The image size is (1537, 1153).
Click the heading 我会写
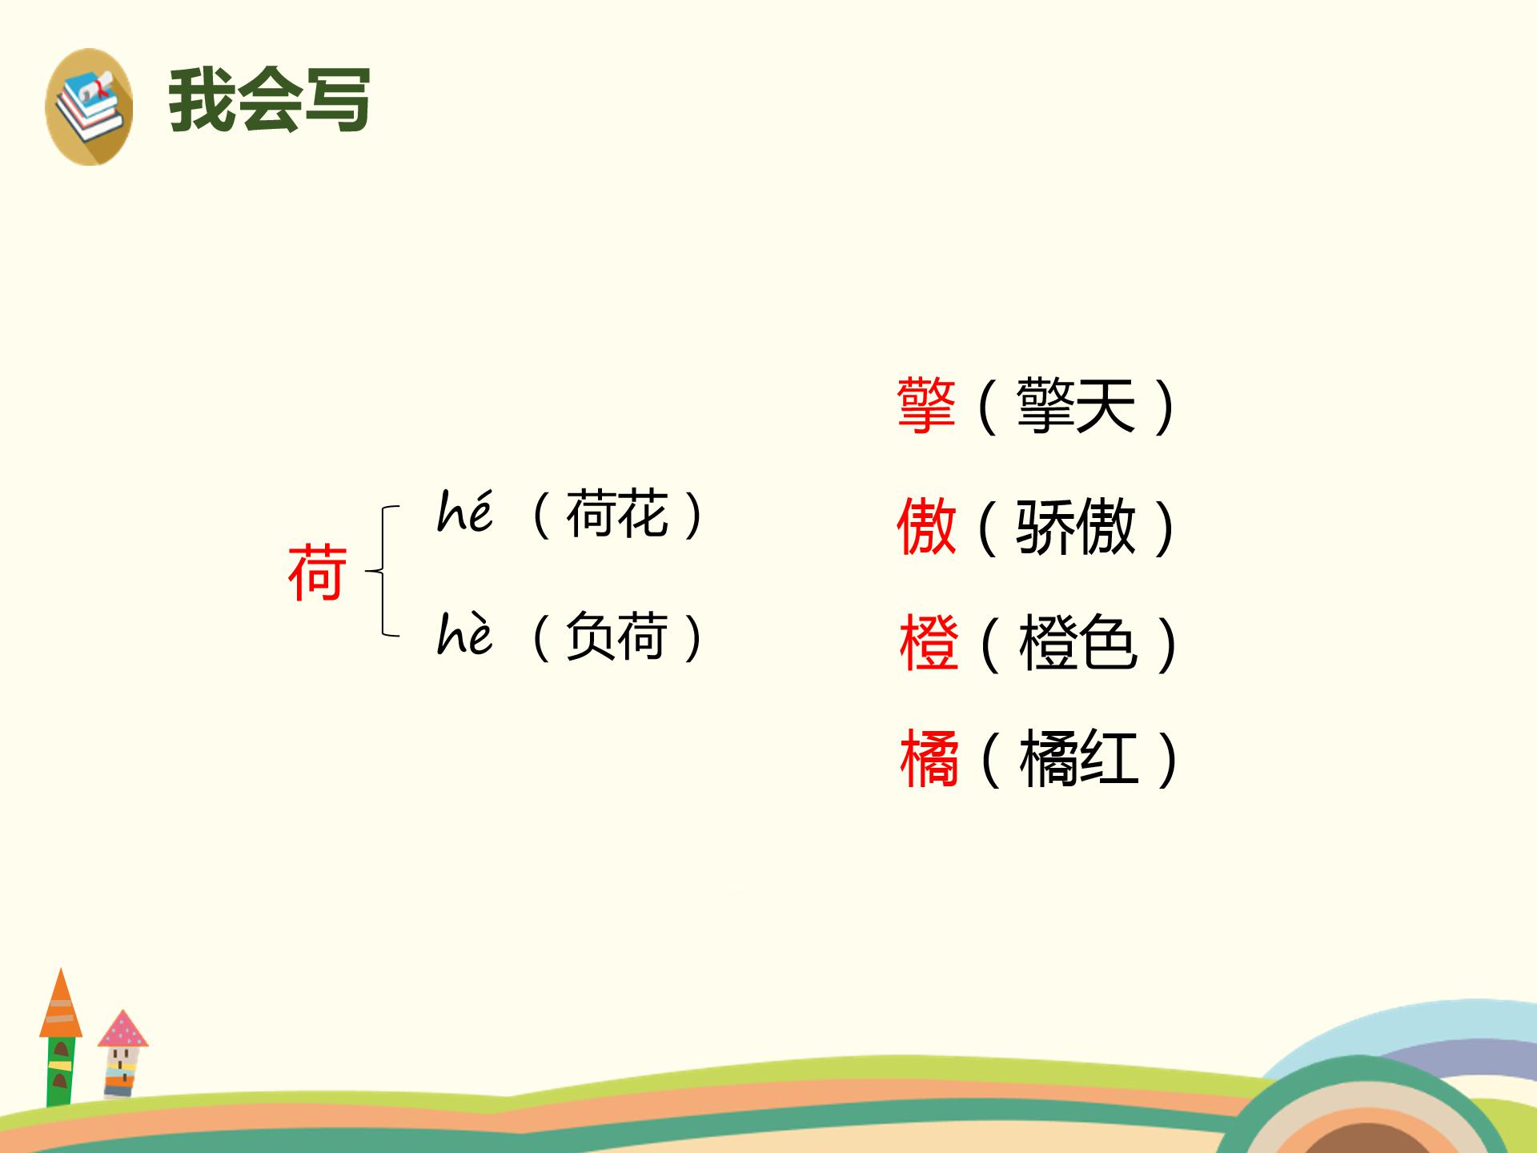269,100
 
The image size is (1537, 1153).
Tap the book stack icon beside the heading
89,106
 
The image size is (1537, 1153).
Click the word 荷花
616,514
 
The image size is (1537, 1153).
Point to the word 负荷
616,637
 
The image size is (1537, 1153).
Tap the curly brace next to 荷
383,571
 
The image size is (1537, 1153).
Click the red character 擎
926,406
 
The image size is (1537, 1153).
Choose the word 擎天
1075,406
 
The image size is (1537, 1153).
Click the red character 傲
926,526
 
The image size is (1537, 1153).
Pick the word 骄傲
1075,526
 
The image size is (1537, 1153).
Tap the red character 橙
929,643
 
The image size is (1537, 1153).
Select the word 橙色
1078,643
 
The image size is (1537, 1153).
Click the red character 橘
929,759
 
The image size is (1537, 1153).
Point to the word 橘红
1078,759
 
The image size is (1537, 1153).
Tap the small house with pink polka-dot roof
122,1053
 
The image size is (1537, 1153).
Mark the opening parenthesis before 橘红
989,759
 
